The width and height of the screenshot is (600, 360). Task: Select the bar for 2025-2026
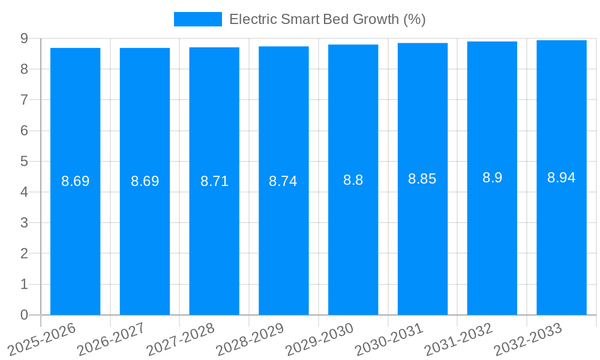pyautogui.click(x=75, y=240)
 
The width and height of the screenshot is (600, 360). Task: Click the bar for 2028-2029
pyautogui.click(x=283, y=240)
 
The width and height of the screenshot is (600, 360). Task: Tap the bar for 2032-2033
pyautogui.click(x=561, y=240)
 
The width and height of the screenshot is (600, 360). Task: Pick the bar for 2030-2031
pyautogui.click(x=422, y=240)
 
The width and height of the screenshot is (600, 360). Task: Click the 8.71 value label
pyautogui.click(x=214, y=181)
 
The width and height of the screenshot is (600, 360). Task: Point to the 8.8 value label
pyautogui.click(x=353, y=180)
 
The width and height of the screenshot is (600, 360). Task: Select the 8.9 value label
pyautogui.click(x=492, y=178)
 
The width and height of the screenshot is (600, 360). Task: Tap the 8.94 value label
pyautogui.click(x=561, y=178)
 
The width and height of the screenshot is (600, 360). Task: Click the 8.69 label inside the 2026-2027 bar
pyautogui.click(x=145, y=181)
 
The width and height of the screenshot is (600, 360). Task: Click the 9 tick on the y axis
pyautogui.click(x=24, y=38)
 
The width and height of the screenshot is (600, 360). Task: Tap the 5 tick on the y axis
pyautogui.click(x=24, y=161)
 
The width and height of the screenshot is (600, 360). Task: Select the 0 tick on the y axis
pyautogui.click(x=24, y=315)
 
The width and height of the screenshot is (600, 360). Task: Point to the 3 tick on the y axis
pyautogui.click(x=24, y=223)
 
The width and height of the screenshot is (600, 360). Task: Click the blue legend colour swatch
pyautogui.click(x=197, y=19)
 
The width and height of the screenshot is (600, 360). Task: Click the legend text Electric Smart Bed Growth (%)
pyautogui.click(x=327, y=19)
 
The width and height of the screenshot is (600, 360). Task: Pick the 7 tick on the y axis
pyautogui.click(x=24, y=100)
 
